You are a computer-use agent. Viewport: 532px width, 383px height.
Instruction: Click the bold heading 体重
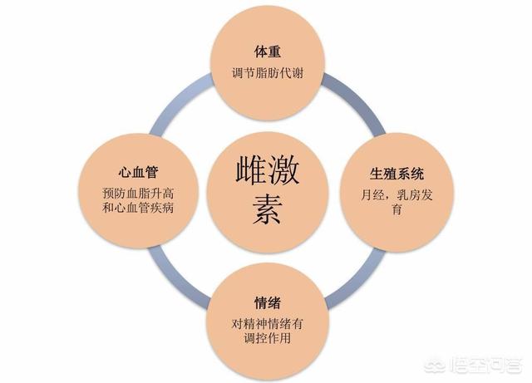(x=268, y=52)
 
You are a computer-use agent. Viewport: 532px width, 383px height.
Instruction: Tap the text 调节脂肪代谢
(x=268, y=73)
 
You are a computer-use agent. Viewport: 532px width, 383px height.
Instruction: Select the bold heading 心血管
(x=139, y=172)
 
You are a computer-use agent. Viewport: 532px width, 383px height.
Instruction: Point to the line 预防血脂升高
(x=138, y=194)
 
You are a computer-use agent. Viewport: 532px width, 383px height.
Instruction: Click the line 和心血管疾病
(x=138, y=208)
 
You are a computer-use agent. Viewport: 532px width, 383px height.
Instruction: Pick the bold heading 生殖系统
(x=397, y=174)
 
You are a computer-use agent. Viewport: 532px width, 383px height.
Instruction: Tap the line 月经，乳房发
(x=397, y=195)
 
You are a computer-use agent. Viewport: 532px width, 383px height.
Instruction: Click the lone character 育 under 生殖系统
(x=397, y=209)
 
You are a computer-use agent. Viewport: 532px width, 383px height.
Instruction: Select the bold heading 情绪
(x=268, y=303)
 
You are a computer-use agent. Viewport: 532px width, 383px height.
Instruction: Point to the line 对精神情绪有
(x=268, y=324)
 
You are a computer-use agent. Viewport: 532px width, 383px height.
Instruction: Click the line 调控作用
(x=268, y=338)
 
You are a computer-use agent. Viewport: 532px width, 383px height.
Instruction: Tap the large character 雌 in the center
(x=251, y=170)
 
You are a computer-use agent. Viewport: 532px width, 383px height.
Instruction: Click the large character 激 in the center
(x=283, y=170)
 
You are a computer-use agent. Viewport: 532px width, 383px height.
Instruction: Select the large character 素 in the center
(x=268, y=209)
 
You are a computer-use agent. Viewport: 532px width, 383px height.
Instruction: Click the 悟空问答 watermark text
(x=485, y=366)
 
